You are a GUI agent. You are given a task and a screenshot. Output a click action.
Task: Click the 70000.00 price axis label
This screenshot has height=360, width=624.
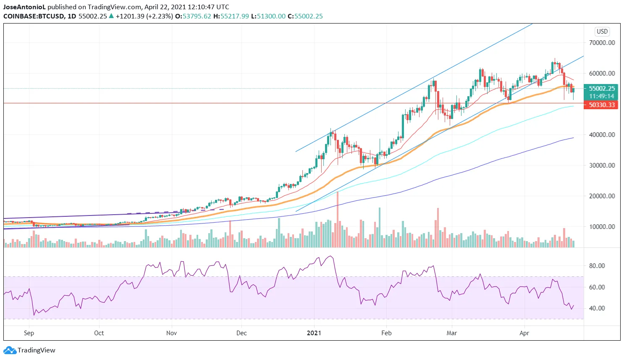[x=602, y=42]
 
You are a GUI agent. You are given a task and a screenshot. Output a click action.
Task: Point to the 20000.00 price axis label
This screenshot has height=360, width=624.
[x=602, y=196]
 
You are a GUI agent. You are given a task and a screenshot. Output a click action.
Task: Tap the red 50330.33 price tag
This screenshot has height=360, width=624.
[x=601, y=105]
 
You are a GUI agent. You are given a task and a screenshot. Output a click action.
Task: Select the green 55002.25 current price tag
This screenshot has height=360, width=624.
[x=601, y=89]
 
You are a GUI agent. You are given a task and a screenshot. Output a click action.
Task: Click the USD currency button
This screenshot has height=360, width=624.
[x=602, y=32]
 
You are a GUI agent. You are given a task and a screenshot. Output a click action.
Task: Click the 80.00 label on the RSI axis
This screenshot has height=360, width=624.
[x=597, y=265]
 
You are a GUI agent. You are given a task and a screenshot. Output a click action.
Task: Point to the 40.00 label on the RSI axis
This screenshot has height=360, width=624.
[x=597, y=308]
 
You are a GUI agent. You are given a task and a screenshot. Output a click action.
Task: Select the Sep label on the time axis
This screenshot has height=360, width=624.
[x=29, y=333]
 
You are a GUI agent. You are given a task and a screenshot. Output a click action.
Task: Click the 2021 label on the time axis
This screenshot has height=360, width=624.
[x=314, y=333]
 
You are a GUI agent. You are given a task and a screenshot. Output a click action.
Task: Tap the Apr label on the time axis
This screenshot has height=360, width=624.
[x=524, y=333]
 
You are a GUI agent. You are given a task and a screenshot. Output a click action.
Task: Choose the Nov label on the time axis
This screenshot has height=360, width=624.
[x=171, y=333]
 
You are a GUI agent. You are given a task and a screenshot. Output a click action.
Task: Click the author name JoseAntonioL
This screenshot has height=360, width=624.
[x=24, y=7]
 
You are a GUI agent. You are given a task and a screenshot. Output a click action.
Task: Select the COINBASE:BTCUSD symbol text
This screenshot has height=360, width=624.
[x=34, y=16]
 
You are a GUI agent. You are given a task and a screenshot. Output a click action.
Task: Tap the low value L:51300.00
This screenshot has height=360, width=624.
[x=268, y=16]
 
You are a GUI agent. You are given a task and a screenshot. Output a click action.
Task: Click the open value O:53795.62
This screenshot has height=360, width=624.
[x=193, y=16]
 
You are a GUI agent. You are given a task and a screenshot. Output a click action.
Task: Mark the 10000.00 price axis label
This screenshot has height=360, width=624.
[x=602, y=226]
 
